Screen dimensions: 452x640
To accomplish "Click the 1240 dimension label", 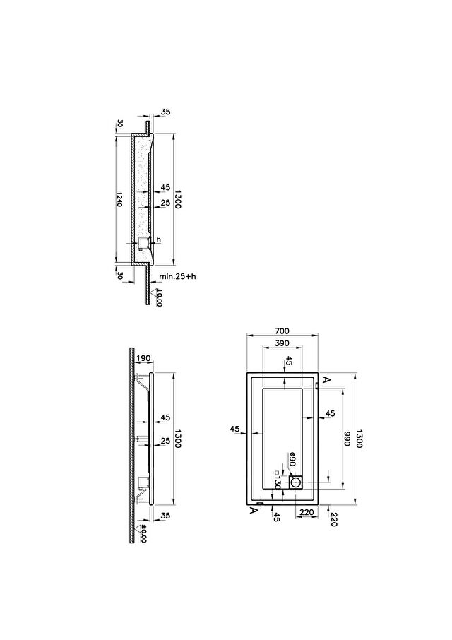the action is tap(119, 198).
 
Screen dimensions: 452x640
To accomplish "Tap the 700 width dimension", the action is tap(282, 331).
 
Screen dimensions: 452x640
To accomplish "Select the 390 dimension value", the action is tap(282, 343).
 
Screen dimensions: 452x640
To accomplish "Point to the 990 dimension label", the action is tap(347, 439).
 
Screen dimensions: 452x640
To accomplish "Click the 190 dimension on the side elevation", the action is tap(143, 358).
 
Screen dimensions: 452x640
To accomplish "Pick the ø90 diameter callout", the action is tap(292, 460).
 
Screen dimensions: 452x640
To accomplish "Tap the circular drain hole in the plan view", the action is tap(296, 483).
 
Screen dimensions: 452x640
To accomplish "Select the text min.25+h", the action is tap(177, 276).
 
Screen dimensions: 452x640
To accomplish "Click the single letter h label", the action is tap(159, 240).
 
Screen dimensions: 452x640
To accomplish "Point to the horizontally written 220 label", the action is tap(307, 513).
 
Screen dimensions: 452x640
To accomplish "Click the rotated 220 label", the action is tap(333, 519).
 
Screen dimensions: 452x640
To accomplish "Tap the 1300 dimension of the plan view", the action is tap(359, 439).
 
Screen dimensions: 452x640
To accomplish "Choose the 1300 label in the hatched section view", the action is tap(177, 199).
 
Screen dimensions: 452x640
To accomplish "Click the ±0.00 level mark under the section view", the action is tap(159, 297).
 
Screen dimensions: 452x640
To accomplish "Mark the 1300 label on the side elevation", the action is tap(177, 439).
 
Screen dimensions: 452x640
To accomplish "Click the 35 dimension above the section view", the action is tap(166, 112).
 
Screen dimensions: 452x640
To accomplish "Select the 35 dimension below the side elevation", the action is tap(165, 516).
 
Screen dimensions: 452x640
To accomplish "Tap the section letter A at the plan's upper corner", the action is tap(326, 379).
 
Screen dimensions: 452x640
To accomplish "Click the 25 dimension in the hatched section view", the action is tap(165, 203).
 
